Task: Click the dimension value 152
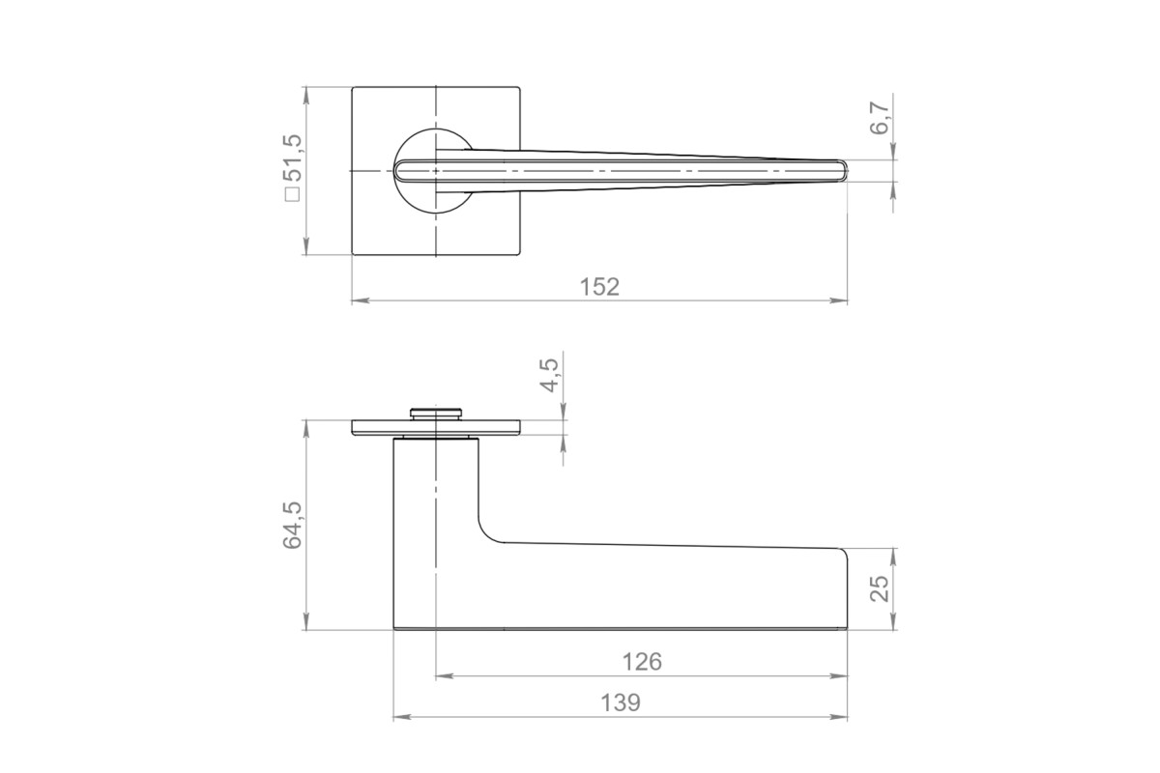coord(599,287)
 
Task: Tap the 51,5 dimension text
coord(292,157)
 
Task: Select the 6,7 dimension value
coord(880,119)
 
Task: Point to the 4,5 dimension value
coord(549,375)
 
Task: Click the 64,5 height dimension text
coord(292,525)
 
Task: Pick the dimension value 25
coord(880,588)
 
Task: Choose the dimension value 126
coord(642,662)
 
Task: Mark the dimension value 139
coord(621,703)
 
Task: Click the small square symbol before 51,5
coord(293,194)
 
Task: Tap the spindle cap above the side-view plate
coord(436,414)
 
